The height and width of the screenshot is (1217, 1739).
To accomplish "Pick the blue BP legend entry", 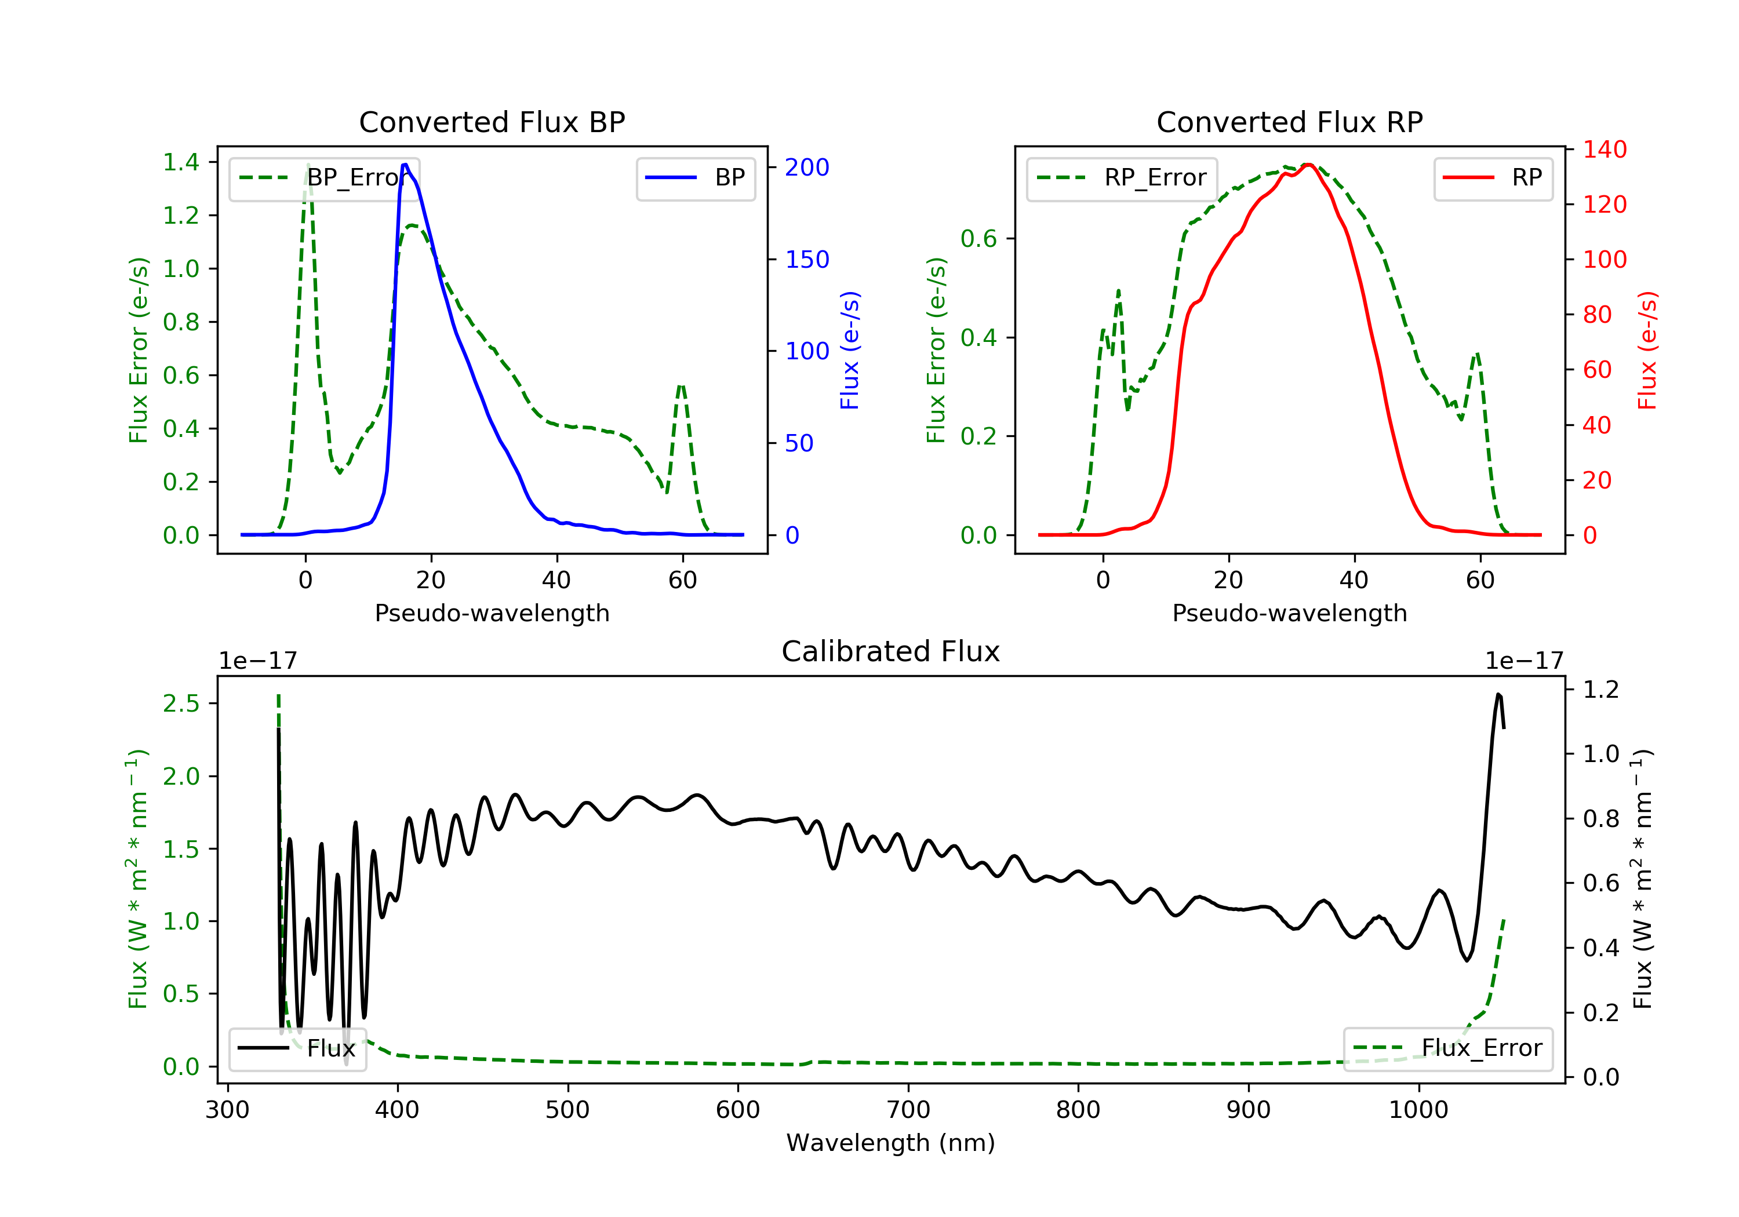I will tap(695, 178).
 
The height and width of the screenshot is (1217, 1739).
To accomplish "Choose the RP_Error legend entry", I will tap(1121, 178).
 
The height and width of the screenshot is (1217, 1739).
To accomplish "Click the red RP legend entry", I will tap(1492, 178).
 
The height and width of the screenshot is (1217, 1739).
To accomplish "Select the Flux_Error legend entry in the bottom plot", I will tap(1447, 1048).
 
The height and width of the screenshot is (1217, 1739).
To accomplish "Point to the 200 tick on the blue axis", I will tap(807, 167).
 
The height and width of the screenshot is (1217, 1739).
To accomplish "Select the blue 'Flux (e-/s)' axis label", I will tap(850, 351).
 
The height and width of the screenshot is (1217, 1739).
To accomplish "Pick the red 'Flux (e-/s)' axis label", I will tap(1647, 351).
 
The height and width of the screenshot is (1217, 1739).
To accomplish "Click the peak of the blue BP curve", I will tap(405, 165).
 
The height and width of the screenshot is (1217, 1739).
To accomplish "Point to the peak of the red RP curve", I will tap(1308, 165).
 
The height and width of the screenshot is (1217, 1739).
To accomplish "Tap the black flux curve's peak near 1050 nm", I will tap(1498, 694).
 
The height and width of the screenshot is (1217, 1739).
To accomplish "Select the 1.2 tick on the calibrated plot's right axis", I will tap(1600, 690).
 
